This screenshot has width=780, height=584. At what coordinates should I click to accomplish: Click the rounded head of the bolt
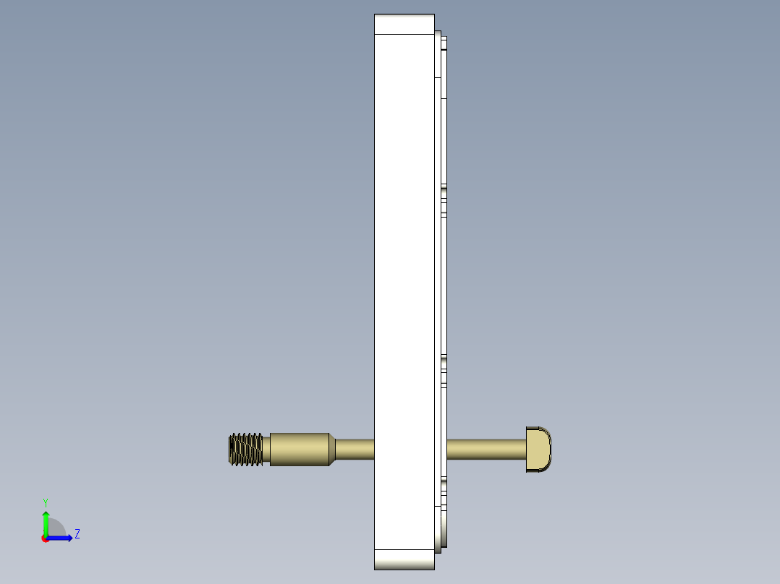(538, 450)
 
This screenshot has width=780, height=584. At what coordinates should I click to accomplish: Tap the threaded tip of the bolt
(245, 450)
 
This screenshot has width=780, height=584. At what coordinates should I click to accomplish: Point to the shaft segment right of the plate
(486, 450)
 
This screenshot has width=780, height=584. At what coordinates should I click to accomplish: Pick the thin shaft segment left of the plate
(355, 450)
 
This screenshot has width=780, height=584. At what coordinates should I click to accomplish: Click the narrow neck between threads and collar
(266, 450)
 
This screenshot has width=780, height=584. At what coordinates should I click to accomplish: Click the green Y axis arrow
(46, 523)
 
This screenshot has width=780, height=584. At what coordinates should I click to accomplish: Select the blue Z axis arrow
(61, 538)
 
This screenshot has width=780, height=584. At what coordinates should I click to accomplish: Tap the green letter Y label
(46, 502)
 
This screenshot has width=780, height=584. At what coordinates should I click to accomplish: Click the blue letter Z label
(77, 534)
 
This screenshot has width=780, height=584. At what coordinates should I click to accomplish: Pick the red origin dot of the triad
(45, 539)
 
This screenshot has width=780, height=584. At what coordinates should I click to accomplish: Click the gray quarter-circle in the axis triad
(57, 528)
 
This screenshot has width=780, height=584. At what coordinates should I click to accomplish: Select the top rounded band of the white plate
(404, 25)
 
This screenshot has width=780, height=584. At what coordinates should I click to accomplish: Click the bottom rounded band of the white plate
(404, 559)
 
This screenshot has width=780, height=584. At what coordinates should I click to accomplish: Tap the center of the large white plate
(404, 289)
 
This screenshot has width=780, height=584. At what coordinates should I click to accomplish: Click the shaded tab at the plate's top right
(438, 54)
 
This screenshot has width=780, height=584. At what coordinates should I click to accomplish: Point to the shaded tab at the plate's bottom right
(438, 528)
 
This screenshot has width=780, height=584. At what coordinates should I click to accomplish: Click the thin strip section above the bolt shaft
(443, 412)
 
